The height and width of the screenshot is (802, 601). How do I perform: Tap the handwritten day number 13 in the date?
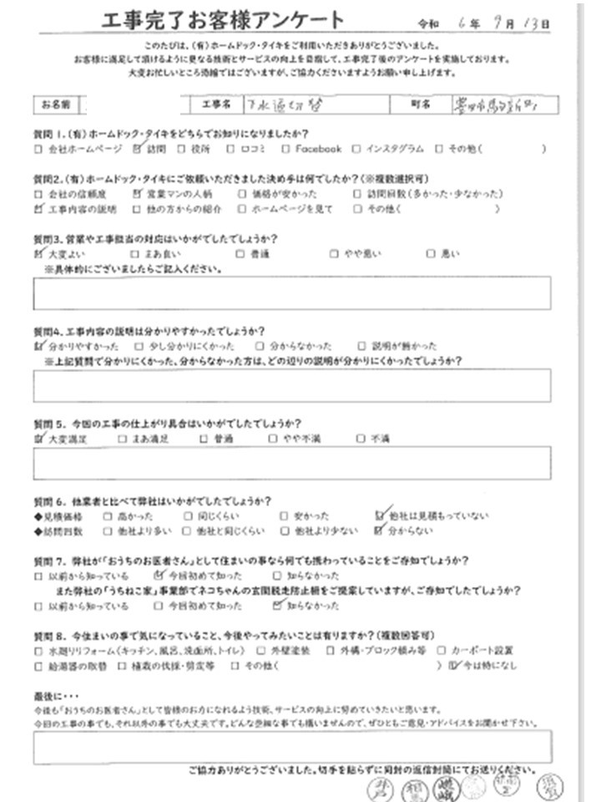[x=533, y=26]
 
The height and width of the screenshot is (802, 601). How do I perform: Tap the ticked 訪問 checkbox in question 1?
[x=139, y=150]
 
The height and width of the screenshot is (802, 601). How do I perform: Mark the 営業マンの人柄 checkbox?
[x=139, y=192]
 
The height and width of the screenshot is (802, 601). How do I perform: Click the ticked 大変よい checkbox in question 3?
[x=38, y=252]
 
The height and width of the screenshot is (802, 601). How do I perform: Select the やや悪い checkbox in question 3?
[x=335, y=253]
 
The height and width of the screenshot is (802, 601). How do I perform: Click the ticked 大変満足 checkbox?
[x=38, y=437]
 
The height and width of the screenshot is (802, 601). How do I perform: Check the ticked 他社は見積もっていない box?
[x=381, y=515]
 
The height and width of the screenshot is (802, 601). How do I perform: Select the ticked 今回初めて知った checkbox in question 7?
[x=159, y=576]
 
